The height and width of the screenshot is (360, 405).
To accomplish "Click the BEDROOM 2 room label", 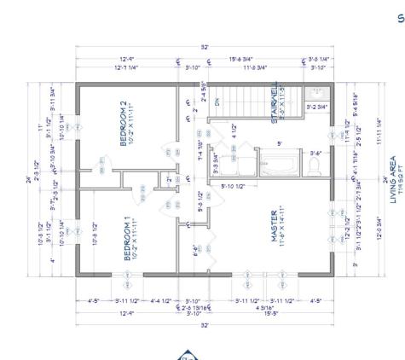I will point(125,125).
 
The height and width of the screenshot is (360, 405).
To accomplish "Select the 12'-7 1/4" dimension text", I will point(125,67).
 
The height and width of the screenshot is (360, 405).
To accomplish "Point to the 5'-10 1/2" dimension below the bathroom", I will point(234,186).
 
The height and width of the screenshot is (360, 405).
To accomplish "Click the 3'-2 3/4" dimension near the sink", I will point(318,107).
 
